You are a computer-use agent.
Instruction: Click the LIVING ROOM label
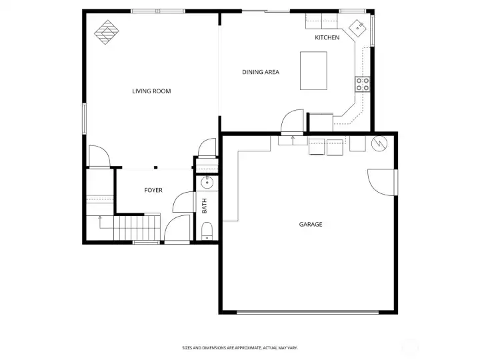pos(151,91)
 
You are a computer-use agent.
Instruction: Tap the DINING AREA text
pos(260,72)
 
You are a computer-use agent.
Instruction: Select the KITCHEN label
pos(327,37)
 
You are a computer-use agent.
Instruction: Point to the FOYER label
pos(153,191)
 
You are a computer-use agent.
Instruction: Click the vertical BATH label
pos(205,207)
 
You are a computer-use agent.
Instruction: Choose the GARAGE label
pos(311,225)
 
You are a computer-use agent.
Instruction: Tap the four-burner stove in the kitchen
pos(363,84)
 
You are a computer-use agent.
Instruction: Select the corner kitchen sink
pos(359,27)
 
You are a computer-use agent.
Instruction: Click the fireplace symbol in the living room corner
pos(106,32)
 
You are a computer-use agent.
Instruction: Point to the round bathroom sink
pos(207,181)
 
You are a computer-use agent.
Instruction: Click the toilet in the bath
pos(206,231)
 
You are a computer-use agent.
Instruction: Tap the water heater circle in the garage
pos(378,143)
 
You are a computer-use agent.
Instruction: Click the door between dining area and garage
pos(291,124)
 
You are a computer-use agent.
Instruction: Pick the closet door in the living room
pos(99,156)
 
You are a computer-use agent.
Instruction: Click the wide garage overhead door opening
pos(308,312)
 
